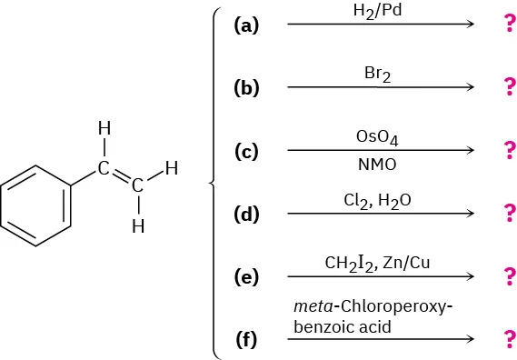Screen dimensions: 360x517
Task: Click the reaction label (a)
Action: pos(246,25)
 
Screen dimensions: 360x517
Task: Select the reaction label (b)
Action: pos(246,88)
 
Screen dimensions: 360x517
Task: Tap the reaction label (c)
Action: pos(246,152)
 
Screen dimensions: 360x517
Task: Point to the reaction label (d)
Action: pos(246,215)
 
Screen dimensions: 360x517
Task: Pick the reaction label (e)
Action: pos(246,277)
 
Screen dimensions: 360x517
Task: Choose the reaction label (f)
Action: pos(246,341)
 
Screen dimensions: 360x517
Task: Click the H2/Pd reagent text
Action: pos(379,12)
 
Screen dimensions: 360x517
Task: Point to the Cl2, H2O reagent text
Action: pos(379,200)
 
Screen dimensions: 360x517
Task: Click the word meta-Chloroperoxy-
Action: pos(373,306)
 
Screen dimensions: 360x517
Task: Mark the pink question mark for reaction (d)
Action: pos(508,215)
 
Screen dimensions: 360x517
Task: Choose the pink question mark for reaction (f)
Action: pos(508,340)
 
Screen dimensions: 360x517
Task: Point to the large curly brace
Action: pos(214,182)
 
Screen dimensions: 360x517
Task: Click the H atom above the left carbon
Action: pos(104,130)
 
